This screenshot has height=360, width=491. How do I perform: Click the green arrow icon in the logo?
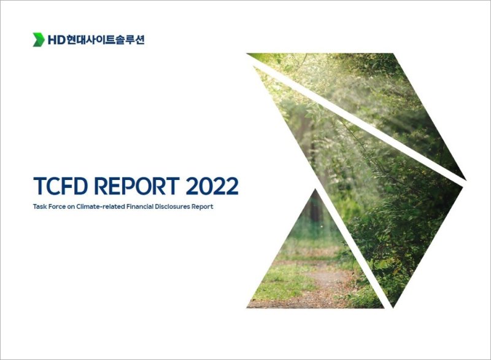coord(39,40)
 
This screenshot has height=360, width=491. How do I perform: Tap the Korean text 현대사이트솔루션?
coord(106,40)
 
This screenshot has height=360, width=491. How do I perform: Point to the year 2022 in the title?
coord(210,186)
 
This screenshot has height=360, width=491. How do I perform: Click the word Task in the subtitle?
coord(40,207)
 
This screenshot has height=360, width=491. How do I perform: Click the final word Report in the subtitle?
coord(203,207)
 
